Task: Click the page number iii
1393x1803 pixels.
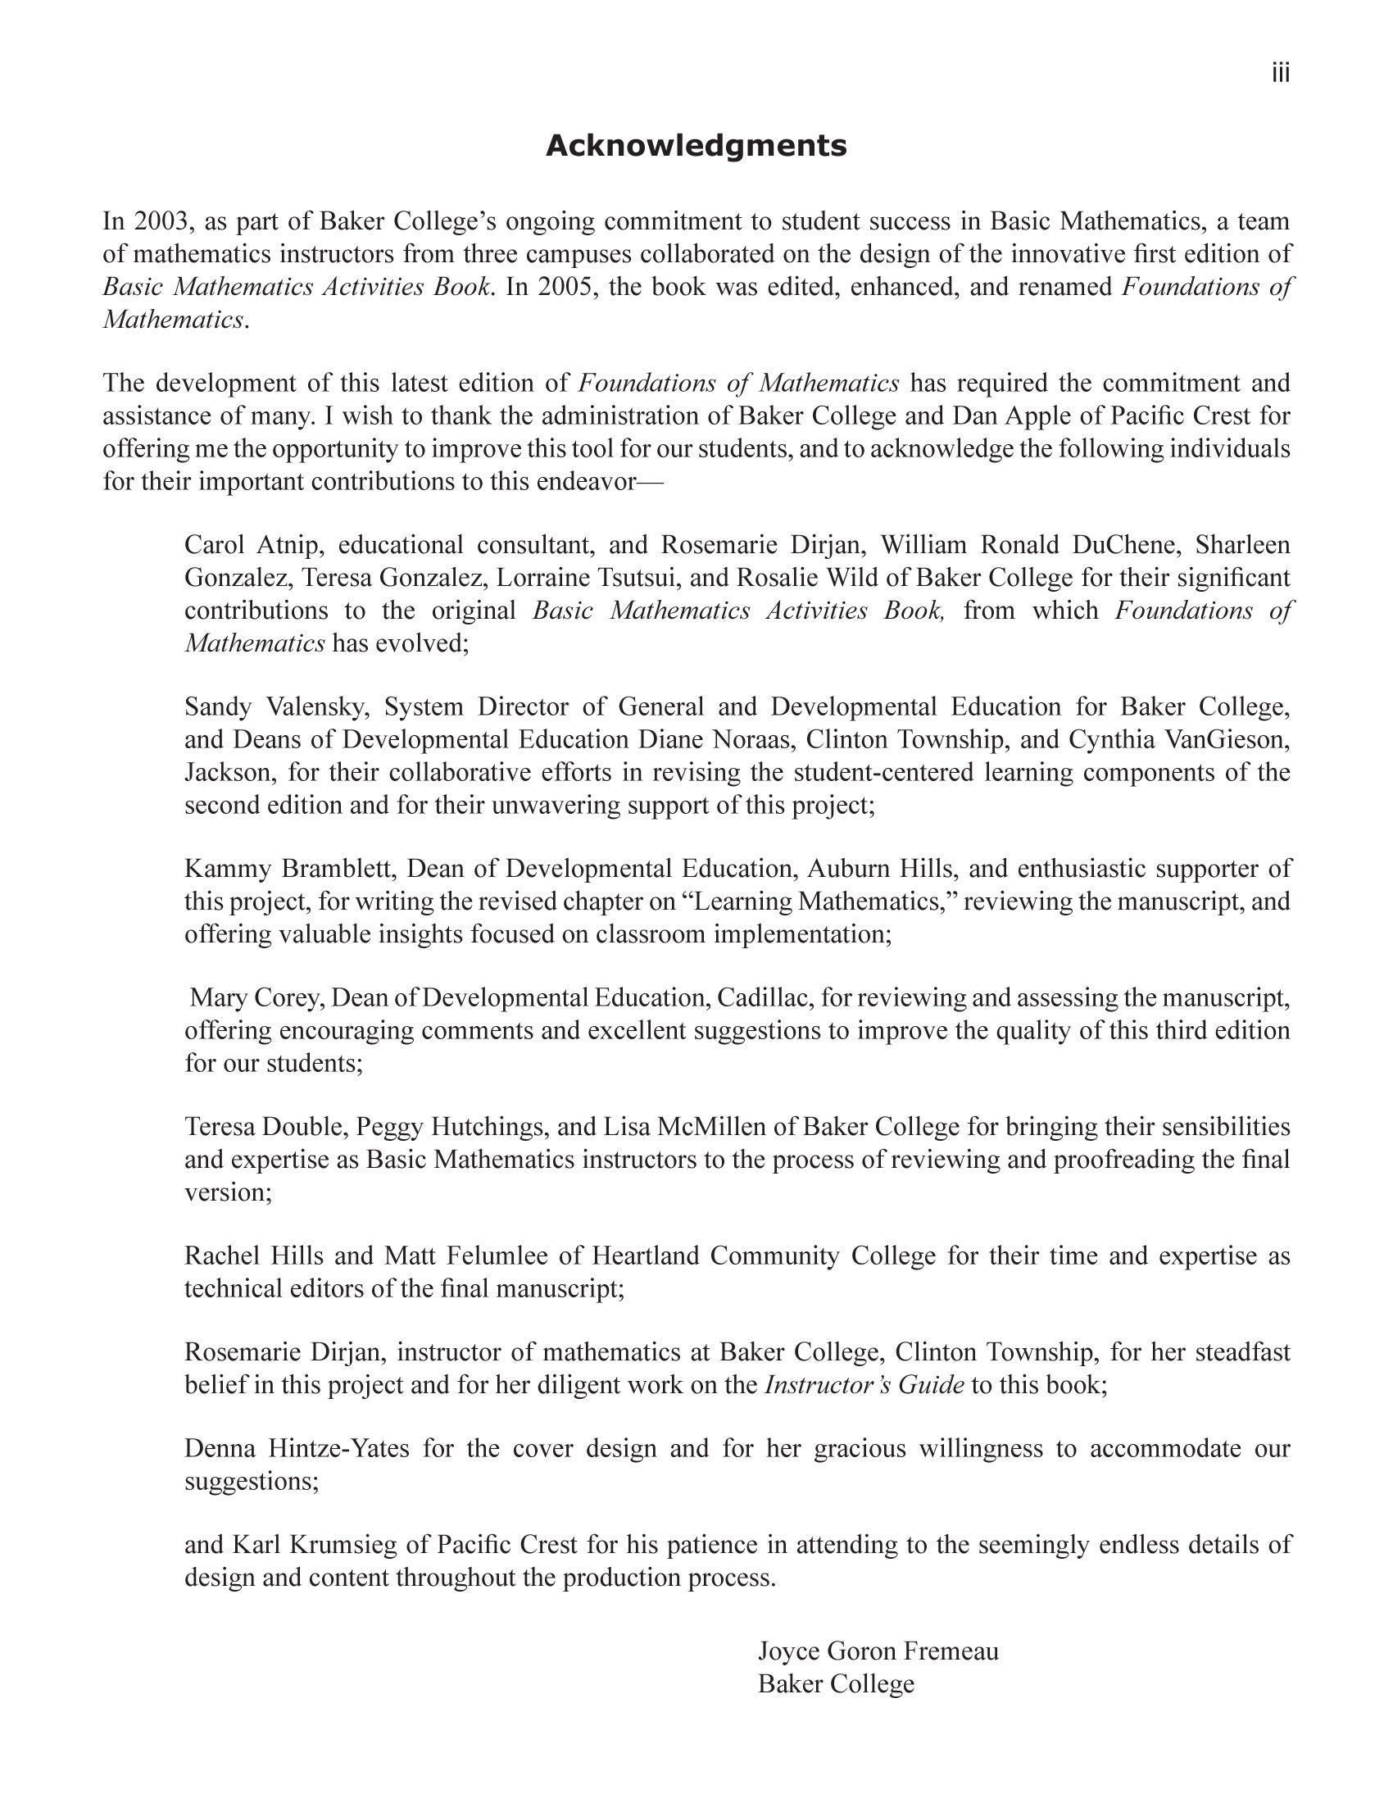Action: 1280,75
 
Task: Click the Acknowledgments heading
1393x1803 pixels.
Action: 696,146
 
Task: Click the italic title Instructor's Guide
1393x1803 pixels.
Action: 864,1386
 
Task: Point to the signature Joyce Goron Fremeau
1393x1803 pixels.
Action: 878,1652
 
